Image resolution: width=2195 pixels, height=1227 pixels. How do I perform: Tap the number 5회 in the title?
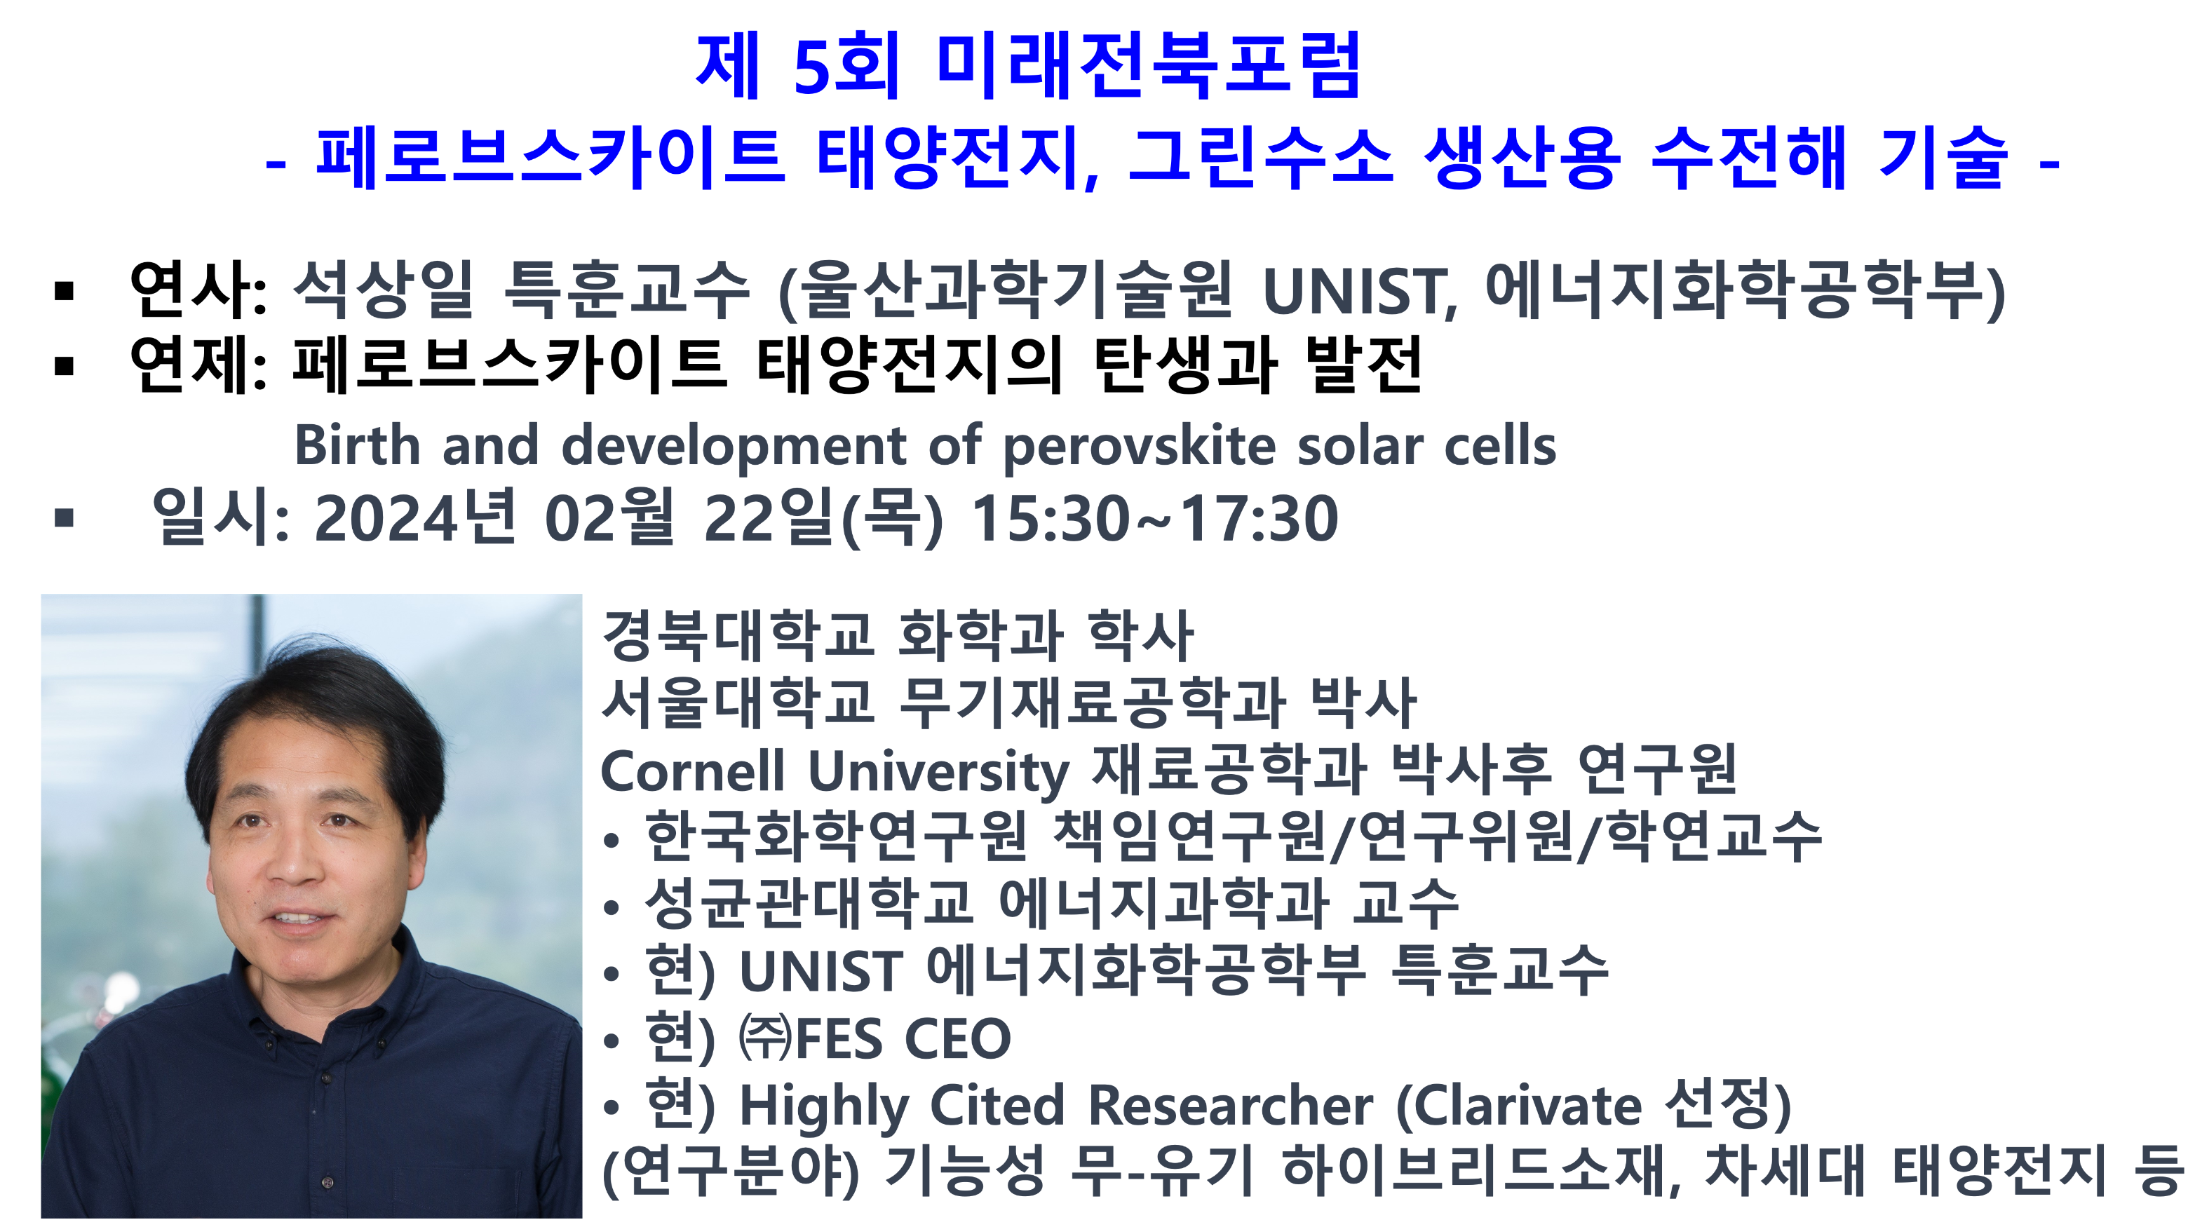coord(846,66)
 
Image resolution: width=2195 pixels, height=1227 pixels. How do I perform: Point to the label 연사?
coord(198,290)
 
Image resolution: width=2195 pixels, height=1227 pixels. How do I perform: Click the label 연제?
coord(198,365)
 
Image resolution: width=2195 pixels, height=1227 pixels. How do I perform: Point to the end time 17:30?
coord(1259,518)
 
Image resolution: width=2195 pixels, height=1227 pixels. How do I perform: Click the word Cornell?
coord(692,771)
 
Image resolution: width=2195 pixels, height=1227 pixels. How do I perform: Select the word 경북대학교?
coord(738,637)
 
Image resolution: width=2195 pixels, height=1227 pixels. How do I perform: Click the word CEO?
coord(957,1038)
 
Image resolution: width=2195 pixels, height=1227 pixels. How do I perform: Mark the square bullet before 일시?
coord(64,517)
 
